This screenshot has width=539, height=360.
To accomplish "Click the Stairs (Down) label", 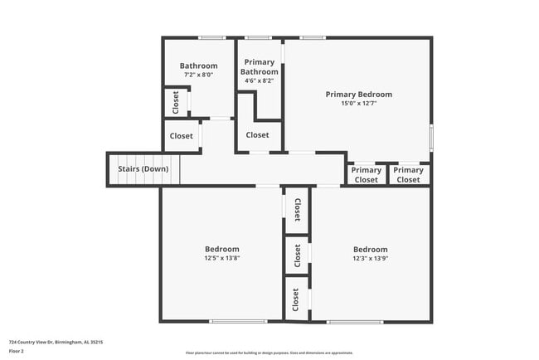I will (143, 169).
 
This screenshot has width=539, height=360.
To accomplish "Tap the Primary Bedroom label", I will (358, 95).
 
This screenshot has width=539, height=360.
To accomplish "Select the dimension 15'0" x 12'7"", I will (358, 104).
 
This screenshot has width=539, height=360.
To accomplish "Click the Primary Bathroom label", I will (259, 67).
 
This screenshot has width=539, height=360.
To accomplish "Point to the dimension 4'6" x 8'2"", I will (259, 81).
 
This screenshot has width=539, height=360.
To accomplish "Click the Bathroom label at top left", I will (199, 66).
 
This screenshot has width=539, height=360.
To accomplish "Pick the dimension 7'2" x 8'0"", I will (199, 75).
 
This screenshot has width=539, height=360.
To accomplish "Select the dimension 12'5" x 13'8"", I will (222, 258).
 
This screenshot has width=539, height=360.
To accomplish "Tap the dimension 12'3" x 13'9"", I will (370, 258).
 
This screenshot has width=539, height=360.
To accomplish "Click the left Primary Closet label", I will (367, 175).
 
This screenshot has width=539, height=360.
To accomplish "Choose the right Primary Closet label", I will (408, 175).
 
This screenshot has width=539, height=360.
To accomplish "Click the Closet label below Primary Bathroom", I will (257, 135).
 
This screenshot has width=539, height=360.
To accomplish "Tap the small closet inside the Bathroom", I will (176, 102).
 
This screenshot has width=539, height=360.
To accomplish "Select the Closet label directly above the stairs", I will (182, 136).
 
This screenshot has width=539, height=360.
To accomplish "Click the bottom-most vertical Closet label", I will (296, 299).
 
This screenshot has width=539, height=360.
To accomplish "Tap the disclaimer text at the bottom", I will (269, 353).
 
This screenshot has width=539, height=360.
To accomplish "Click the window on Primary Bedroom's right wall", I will (431, 137).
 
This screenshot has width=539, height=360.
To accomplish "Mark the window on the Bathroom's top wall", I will (212, 37).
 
